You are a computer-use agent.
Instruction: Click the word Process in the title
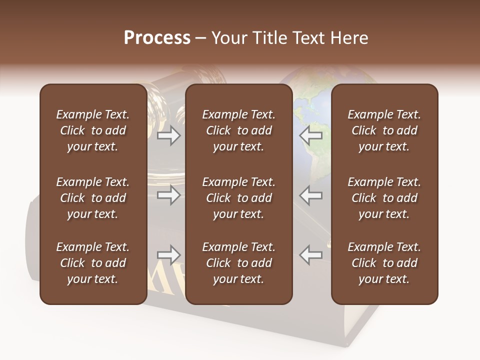click(x=157, y=38)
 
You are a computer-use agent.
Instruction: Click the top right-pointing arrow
click(x=168, y=135)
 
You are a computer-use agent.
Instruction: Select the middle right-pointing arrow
click(x=168, y=195)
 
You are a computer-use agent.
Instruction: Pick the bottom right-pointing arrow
click(x=168, y=255)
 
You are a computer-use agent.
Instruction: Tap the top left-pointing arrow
click(x=310, y=135)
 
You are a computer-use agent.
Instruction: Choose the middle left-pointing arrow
click(x=310, y=195)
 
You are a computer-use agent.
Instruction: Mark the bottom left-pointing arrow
click(x=310, y=255)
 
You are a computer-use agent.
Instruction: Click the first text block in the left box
click(x=93, y=130)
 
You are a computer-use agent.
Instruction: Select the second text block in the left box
click(x=93, y=198)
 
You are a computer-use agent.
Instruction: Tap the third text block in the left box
click(x=93, y=263)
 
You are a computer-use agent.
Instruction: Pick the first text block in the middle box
click(x=238, y=130)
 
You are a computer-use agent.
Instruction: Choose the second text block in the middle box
click(x=238, y=198)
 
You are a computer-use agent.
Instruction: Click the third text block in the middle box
click(x=238, y=263)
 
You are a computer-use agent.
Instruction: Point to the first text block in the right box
click(x=384, y=130)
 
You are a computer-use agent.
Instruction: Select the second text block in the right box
click(x=384, y=198)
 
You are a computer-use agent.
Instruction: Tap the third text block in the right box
click(x=384, y=263)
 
